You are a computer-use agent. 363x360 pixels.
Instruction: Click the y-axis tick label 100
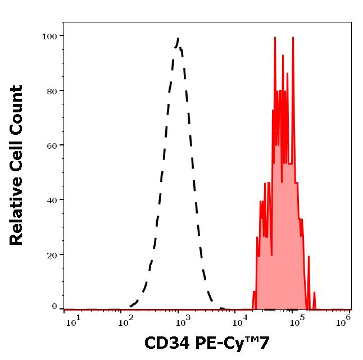[49, 37]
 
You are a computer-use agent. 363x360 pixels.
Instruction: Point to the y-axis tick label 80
[52, 91]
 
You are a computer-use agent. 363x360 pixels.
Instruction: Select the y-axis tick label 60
[52, 145]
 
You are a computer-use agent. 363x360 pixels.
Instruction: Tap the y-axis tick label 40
[52, 200]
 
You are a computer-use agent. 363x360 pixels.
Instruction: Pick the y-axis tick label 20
[52, 254]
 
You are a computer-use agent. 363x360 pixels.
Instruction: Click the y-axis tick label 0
[55, 307]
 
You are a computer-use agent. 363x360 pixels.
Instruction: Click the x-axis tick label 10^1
[74, 320]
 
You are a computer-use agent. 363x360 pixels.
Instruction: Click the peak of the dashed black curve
[178, 38]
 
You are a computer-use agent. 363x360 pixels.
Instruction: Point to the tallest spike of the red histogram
[275, 38]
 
